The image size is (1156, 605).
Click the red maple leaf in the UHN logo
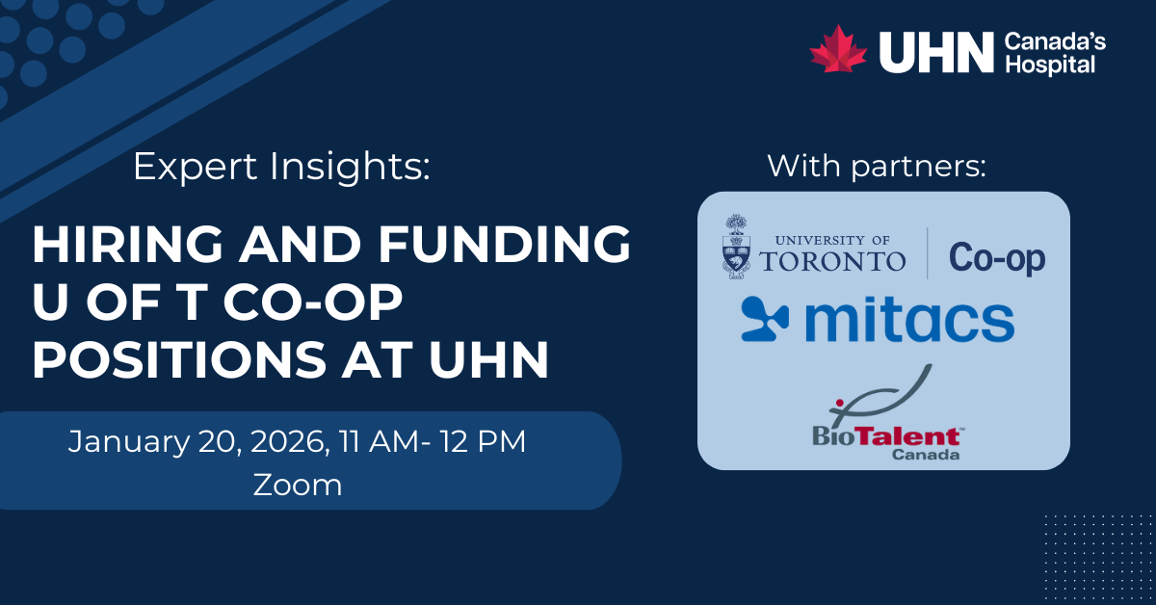pyautogui.click(x=838, y=49)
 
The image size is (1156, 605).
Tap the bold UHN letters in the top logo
pyautogui.click(x=935, y=52)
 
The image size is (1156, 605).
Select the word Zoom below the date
pyautogui.click(x=298, y=485)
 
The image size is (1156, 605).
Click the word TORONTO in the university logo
pyautogui.click(x=832, y=261)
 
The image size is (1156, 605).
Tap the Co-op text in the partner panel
pyautogui.click(x=996, y=258)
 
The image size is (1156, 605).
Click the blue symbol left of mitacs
pyautogui.click(x=765, y=320)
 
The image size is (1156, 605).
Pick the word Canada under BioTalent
pyautogui.click(x=926, y=455)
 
